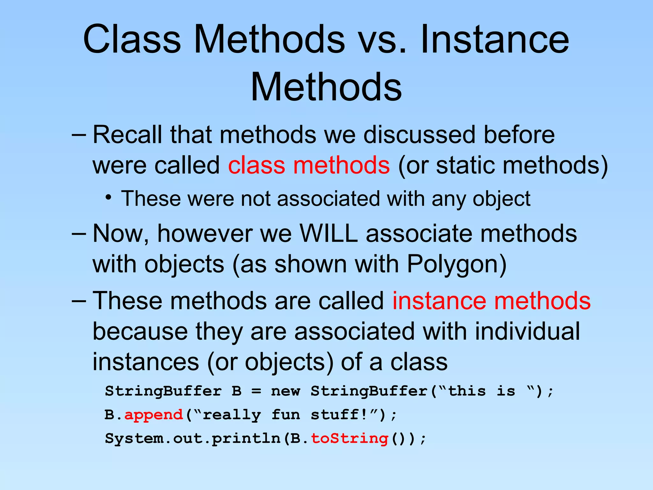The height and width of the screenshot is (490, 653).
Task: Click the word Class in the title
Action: click(x=132, y=40)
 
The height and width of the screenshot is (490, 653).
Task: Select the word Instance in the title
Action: click(x=495, y=40)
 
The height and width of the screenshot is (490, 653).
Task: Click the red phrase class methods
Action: click(x=309, y=165)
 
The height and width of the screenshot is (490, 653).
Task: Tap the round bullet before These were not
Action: click(x=109, y=197)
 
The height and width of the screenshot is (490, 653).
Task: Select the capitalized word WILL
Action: click(x=329, y=234)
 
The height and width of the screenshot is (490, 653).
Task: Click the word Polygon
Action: click(x=456, y=264)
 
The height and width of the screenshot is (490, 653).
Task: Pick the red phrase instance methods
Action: click(x=491, y=301)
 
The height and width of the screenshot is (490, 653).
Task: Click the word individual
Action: click(x=527, y=331)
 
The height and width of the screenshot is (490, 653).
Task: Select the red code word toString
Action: click(x=349, y=438)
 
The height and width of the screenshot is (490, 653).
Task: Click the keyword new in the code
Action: click(x=285, y=391)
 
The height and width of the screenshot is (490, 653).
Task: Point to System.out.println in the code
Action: click(x=193, y=438)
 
